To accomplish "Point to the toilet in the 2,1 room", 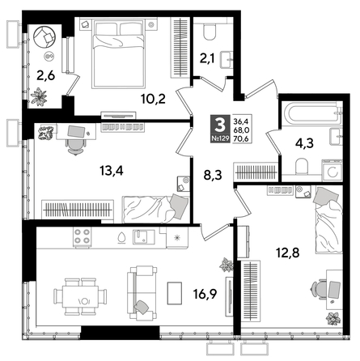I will pos(210,32).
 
